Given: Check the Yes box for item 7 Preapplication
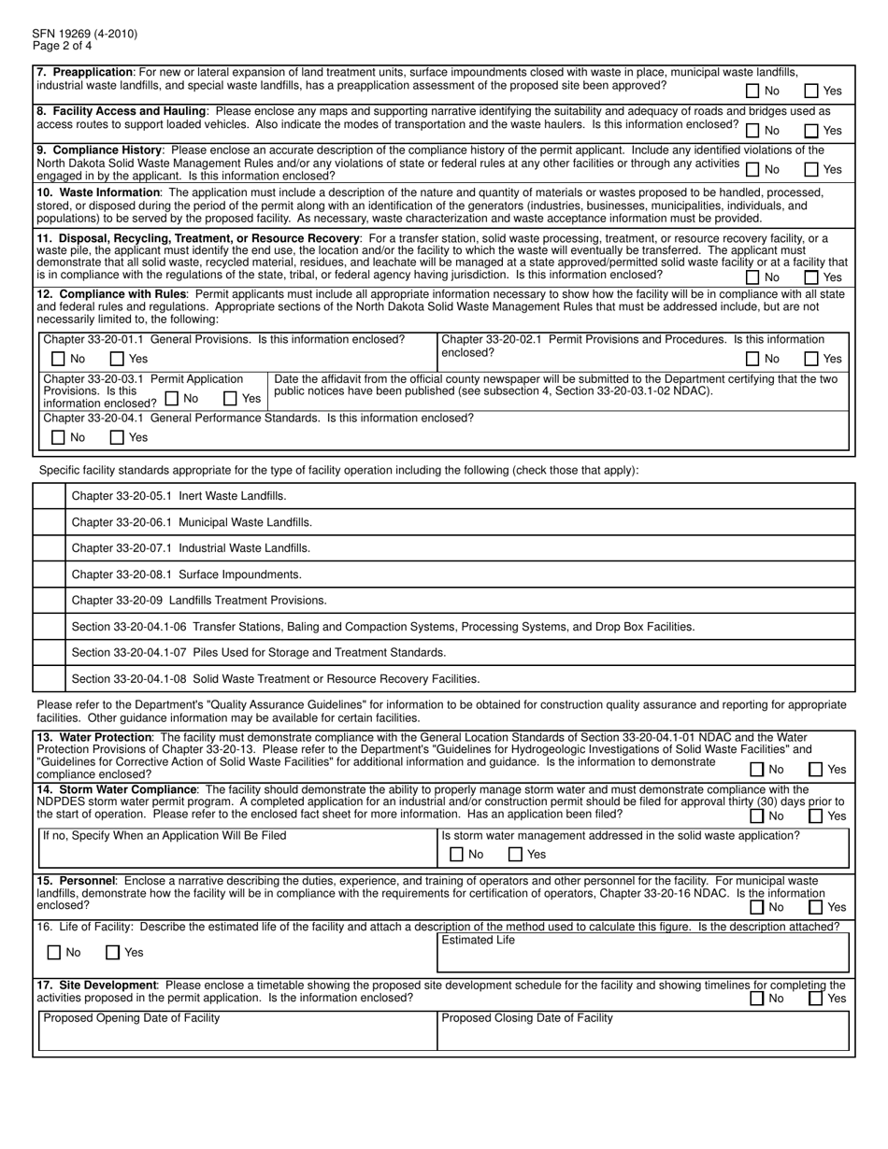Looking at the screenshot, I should [x=811, y=91].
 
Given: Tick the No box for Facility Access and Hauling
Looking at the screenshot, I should [x=752, y=130].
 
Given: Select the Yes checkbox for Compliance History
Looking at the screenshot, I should [x=811, y=169].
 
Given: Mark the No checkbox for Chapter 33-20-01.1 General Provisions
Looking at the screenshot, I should [x=58, y=359].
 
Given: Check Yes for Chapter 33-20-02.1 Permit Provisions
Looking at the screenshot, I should [x=811, y=359].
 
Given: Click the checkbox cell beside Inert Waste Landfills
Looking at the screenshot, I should [x=49, y=496].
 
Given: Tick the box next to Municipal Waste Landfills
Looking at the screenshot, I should [x=49, y=522].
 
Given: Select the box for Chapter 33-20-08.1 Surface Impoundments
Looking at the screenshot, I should [x=49, y=574].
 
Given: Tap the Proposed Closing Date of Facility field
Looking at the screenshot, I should [x=643, y=1035].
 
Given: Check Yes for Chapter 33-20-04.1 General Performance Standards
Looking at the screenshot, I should [x=117, y=437].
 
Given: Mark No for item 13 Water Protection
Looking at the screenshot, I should [x=756, y=769].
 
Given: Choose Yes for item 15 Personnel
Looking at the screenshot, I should [x=815, y=906].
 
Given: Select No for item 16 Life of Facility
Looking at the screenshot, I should [x=54, y=953].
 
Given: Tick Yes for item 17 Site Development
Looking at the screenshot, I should [x=815, y=998].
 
